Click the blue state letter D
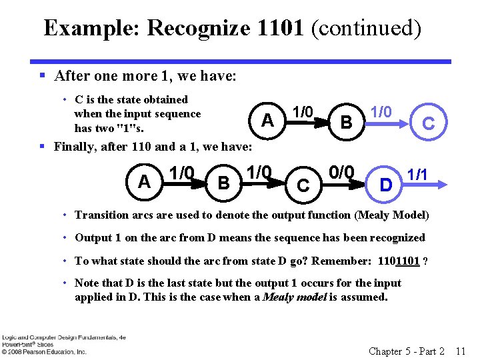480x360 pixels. tap(385, 183)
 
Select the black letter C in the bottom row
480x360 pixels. tap(303, 186)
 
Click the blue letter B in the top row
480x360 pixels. tap(346, 123)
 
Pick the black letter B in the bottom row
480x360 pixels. tap(224, 183)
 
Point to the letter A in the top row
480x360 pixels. tap(267, 121)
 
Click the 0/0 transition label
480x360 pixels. tap(341, 172)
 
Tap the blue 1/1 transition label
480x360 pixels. tap(417, 175)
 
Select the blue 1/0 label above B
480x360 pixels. tap(381, 112)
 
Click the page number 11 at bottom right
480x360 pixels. tap(459, 351)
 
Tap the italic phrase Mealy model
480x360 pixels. tap(291, 297)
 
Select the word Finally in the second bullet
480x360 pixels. tap(76, 146)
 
